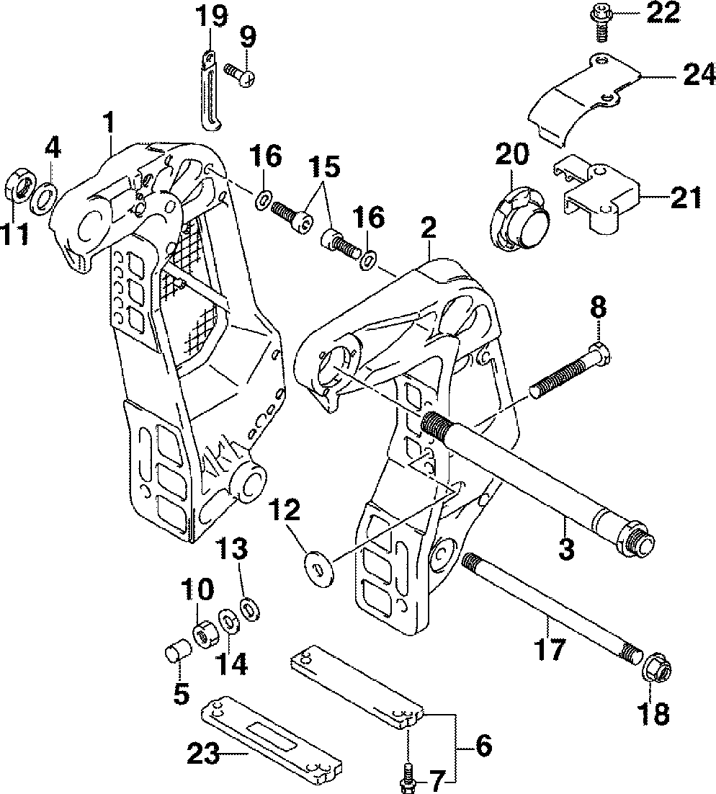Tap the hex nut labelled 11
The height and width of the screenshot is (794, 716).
19,187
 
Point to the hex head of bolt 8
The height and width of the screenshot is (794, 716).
601,353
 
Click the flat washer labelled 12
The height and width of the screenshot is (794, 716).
316,564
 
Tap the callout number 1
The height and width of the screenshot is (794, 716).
109,122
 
